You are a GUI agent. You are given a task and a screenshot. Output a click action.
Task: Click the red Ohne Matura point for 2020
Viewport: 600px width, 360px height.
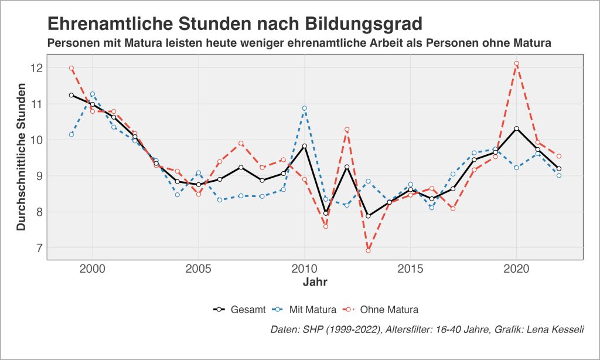pyautogui.click(x=516, y=63)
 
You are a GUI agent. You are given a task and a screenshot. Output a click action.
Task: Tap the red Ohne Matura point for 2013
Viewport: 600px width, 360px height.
pyautogui.click(x=368, y=250)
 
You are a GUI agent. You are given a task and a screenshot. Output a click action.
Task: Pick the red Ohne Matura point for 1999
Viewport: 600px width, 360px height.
pyautogui.click(x=71, y=68)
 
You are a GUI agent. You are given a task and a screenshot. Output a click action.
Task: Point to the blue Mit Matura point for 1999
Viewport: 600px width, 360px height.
pyautogui.click(x=71, y=134)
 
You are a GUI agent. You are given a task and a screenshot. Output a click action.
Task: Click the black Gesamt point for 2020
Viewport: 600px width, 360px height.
pyautogui.click(x=516, y=128)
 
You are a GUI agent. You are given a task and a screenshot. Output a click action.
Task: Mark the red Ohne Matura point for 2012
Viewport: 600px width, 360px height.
pyautogui.click(x=347, y=129)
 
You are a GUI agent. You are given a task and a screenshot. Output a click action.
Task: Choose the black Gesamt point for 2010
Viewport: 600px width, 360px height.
pyautogui.click(x=305, y=146)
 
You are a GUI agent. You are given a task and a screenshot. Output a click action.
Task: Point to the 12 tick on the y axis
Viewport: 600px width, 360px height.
pyautogui.click(x=37, y=68)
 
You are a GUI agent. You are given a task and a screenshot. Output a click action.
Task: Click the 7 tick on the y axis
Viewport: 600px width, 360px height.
pyautogui.click(x=39, y=247)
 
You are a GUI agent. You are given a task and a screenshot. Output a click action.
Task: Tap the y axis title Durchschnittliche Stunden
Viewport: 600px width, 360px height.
pyautogui.click(x=21, y=157)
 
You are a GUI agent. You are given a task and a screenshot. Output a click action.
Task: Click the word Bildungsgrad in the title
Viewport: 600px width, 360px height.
pyautogui.click(x=364, y=24)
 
